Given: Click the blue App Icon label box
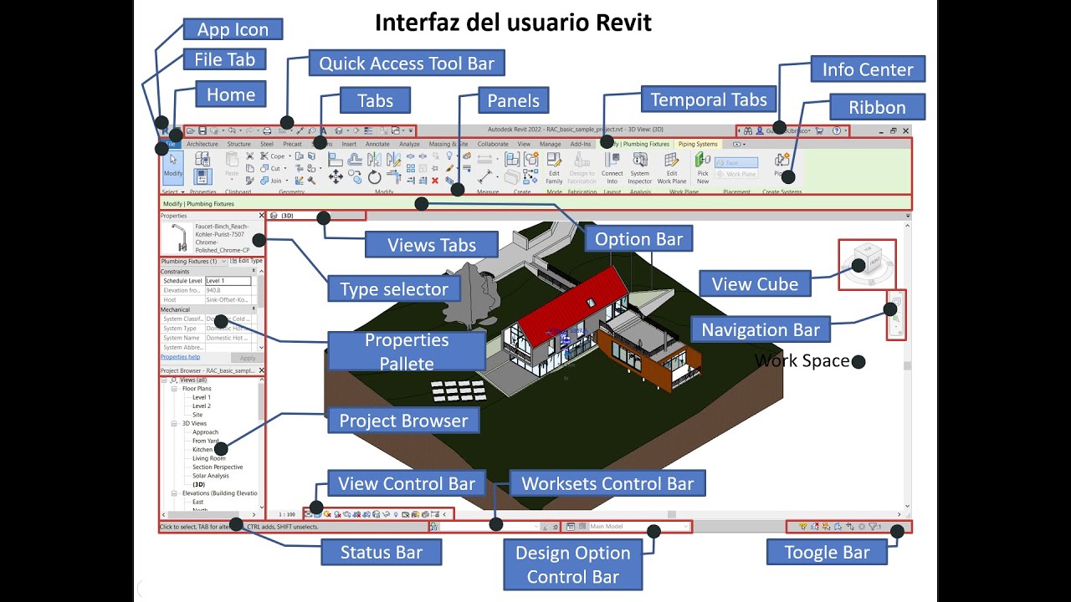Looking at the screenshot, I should (x=233, y=29).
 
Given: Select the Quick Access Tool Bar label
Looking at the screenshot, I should (x=407, y=64).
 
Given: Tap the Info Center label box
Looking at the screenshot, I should (x=868, y=69).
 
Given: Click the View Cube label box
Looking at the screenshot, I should (x=755, y=284).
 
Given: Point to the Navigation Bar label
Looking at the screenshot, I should (x=760, y=329).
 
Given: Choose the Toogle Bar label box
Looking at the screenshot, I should (x=827, y=552).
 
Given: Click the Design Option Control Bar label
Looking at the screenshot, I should (x=572, y=564).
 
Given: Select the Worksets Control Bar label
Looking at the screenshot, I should (x=607, y=484).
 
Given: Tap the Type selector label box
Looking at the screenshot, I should (x=393, y=290).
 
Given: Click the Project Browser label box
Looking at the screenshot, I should (x=402, y=421).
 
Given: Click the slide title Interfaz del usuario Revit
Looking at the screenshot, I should (x=512, y=23).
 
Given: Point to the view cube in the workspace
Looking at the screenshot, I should (x=865, y=263).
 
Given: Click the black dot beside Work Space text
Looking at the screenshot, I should (x=858, y=361).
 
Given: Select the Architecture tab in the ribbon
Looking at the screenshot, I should (x=202, y=144).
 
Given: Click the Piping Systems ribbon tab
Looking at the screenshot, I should (x=697, y=144).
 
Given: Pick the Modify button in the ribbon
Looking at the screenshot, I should (x=172, y=165).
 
